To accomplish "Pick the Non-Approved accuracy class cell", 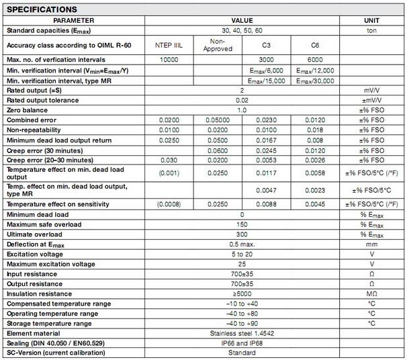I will (216, 45).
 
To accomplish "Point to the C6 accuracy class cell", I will (315, 45).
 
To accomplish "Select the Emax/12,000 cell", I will (315, 71).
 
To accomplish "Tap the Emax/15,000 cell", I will (266, 81).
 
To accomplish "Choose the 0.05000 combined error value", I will (216, 120).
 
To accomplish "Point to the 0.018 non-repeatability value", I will (315, 130).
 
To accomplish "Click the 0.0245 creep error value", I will (266, 150).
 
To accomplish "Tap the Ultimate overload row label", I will (34, 234).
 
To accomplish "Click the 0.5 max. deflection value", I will (242, 244).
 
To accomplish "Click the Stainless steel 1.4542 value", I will (242, 333).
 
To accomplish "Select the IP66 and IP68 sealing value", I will (242, 343).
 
